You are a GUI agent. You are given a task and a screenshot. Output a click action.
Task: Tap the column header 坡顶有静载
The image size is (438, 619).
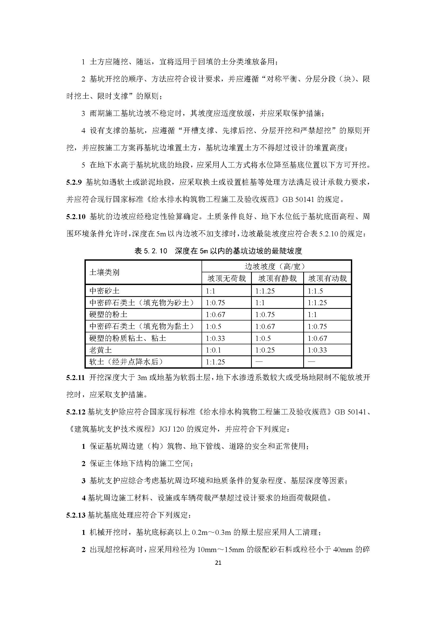[277, 278]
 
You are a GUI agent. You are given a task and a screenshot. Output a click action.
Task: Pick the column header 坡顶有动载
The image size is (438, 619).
[327, 278]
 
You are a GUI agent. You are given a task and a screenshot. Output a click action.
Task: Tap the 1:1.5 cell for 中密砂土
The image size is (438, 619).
[315, 291]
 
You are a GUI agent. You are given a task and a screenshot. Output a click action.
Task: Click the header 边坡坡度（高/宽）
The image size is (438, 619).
[276, 266]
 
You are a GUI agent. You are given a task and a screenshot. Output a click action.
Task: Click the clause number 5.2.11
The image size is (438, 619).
[75, 377]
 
